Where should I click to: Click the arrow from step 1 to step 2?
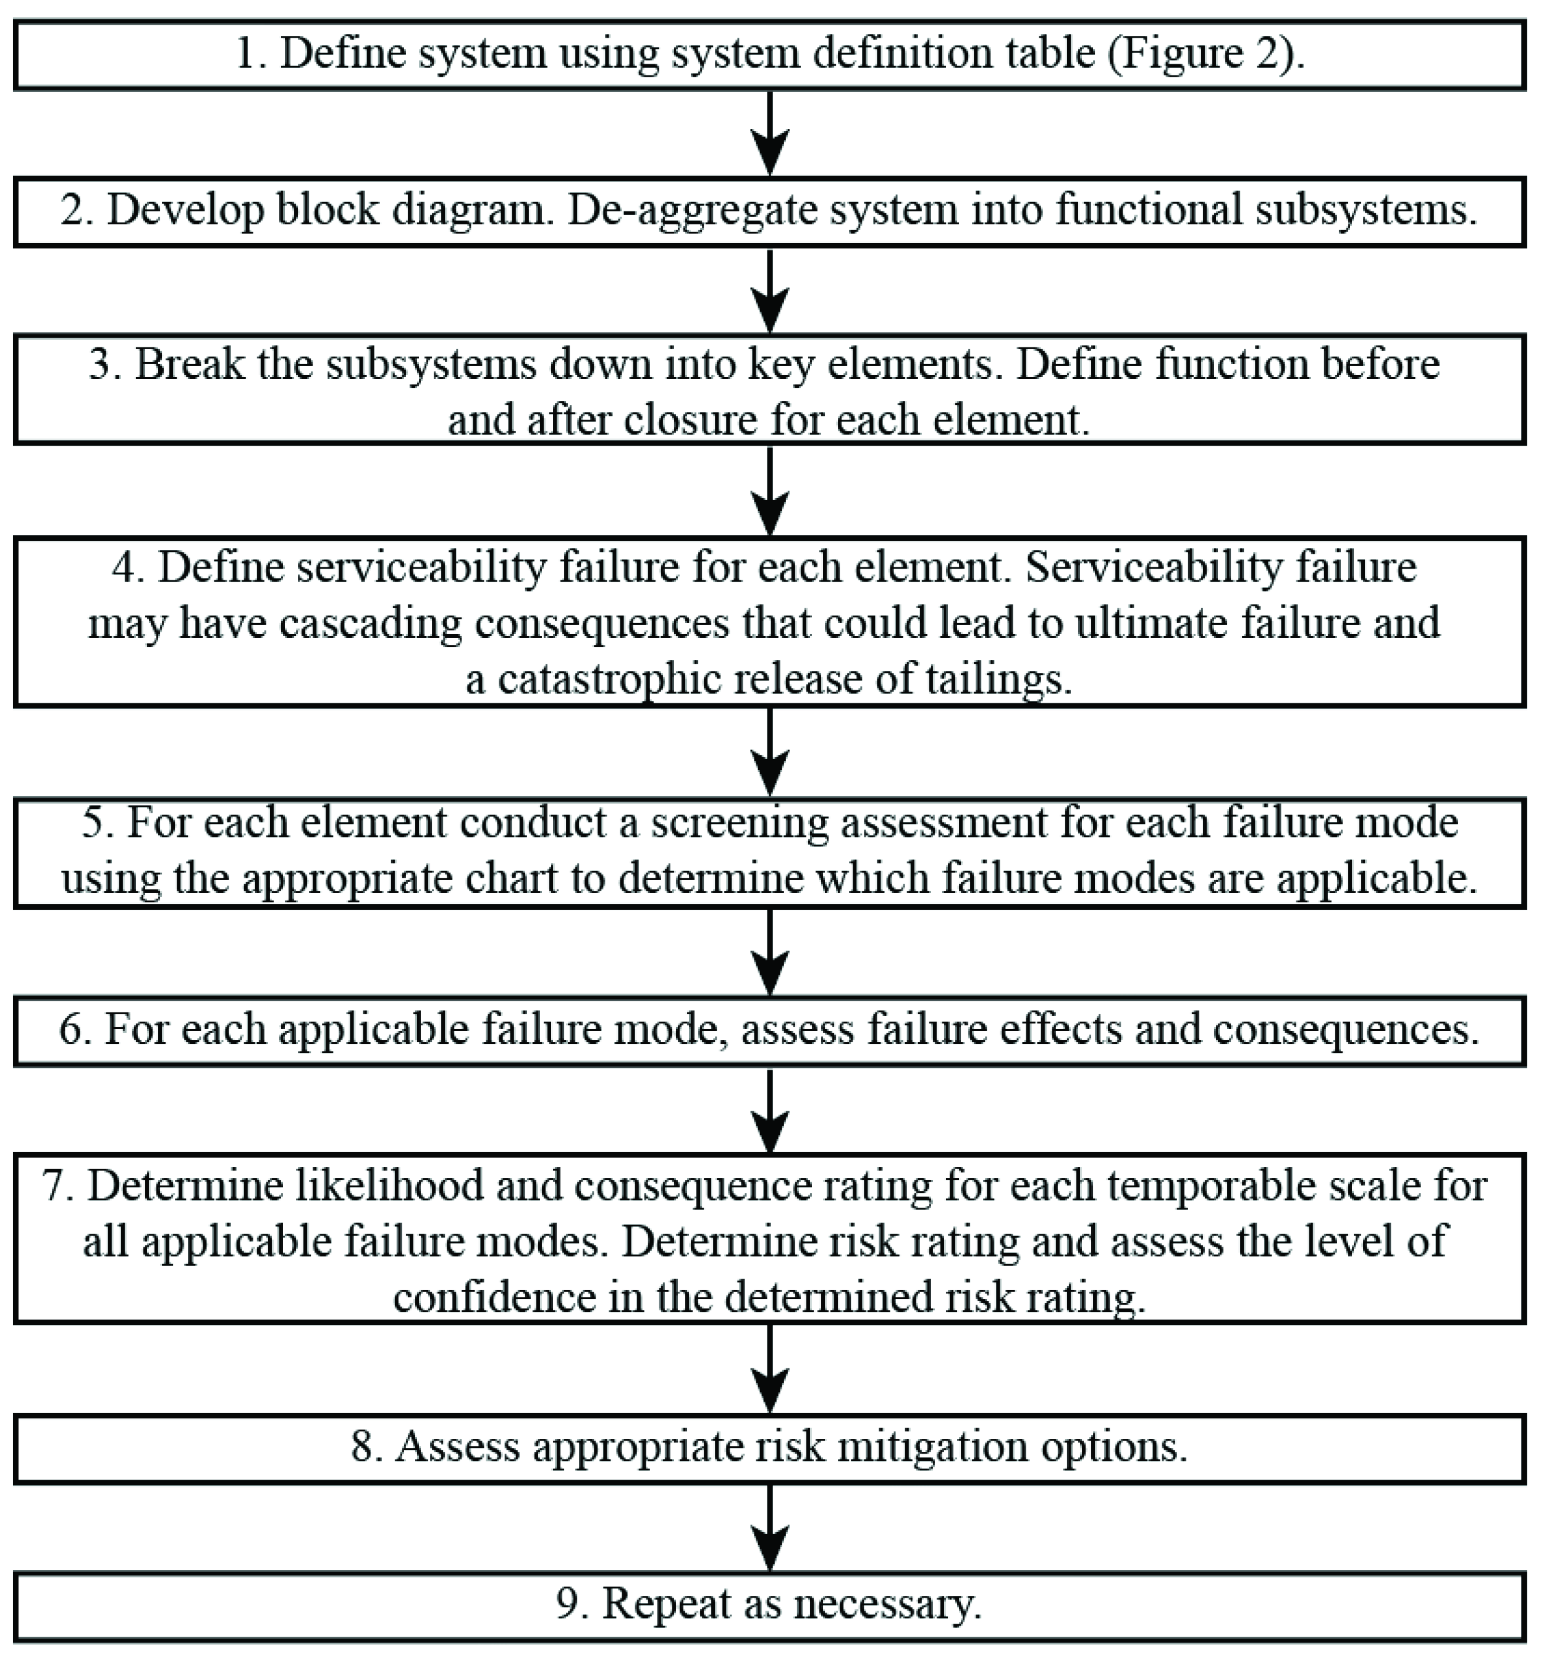tap(770, 133)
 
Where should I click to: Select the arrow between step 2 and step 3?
tap(770, 290)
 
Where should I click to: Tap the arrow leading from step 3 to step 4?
tap(770, 490)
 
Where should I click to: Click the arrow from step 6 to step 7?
tap(770, 1109)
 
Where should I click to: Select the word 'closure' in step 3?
tap(692, 418)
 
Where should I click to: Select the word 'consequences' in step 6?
tap(1345, 1028)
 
